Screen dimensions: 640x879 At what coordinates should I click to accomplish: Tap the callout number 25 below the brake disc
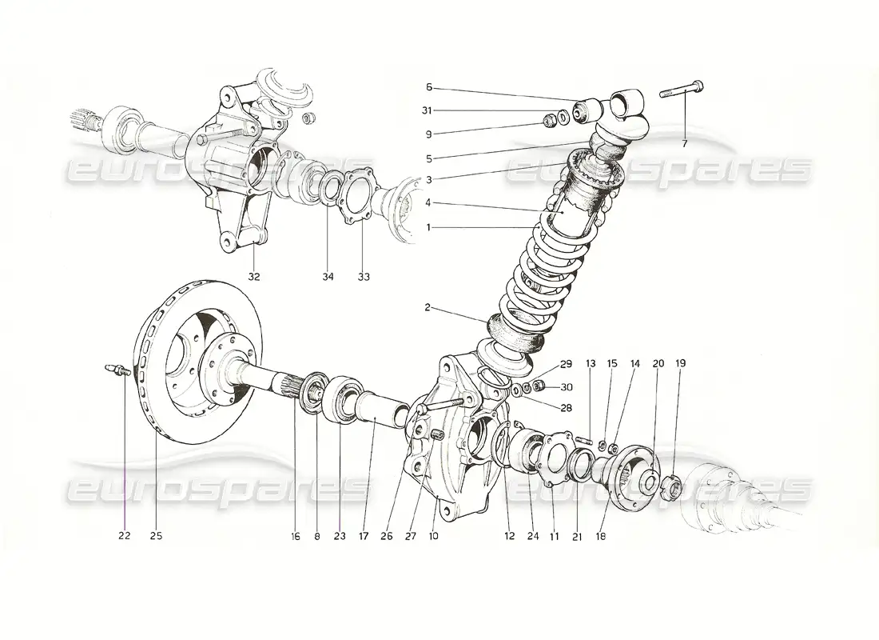156,536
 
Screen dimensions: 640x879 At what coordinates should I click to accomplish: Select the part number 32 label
254,277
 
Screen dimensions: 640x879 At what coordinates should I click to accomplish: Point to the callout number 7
684,144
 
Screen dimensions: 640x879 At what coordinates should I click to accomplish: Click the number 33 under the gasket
364,277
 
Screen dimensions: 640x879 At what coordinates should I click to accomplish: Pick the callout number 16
295,536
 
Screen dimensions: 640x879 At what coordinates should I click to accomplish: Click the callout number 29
566,364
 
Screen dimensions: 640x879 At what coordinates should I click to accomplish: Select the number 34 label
328,277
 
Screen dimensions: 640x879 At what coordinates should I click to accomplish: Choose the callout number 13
591,363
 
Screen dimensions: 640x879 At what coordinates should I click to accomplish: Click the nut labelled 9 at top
549,122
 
